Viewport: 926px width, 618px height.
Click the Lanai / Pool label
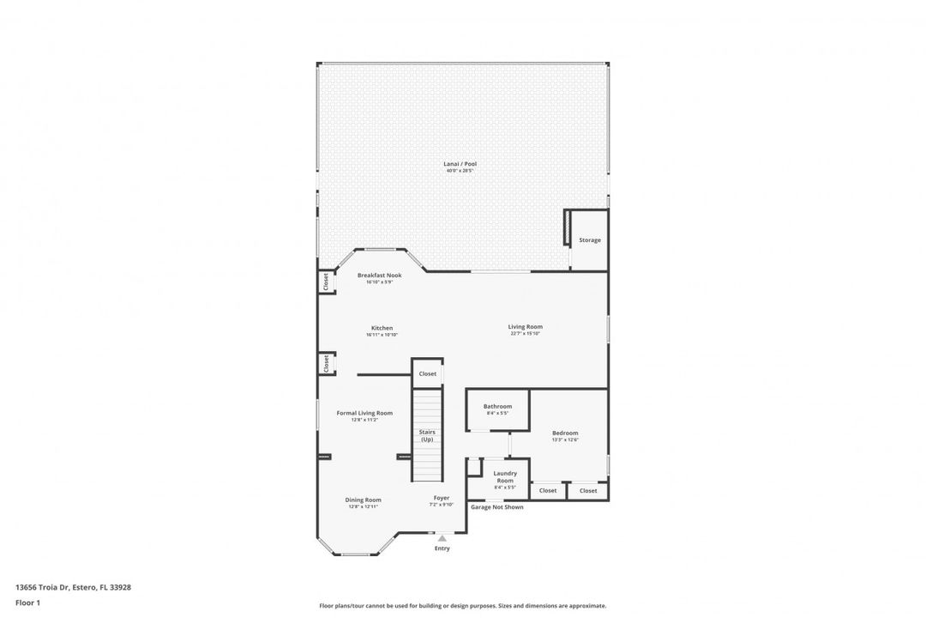[x=460, y=163]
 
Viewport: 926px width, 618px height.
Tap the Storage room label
[x=589, y=240]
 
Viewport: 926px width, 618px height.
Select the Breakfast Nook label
[x=379, y=276]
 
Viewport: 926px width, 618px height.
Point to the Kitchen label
[x=382, y=328]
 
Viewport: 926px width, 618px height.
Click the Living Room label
[x=525, y=326]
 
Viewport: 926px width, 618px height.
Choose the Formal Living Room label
[x=364, y=413]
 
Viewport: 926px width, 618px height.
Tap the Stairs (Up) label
[x=426, y=435]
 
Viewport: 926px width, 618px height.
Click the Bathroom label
[x=497, y=406]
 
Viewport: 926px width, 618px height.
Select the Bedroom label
[x=565, y=433]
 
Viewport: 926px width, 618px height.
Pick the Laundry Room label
[x=504, y=476]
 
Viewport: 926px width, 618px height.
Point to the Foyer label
[x=441, y=498]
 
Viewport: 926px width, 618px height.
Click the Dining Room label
[x=364, y=500]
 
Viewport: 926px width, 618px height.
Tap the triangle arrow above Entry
[x=442, y=538]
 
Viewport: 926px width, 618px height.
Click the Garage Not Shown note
[x=496, y=507]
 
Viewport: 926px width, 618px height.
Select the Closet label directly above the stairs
[x=427, y=373]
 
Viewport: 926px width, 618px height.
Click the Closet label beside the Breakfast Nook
[x=326, y=281]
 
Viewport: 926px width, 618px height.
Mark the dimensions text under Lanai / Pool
[x=460, y=171]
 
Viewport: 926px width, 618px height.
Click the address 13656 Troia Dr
[x=73, y=587]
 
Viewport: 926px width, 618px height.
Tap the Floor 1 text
[x=27, y=603]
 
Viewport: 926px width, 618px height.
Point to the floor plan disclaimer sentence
[x=462, y=605]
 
